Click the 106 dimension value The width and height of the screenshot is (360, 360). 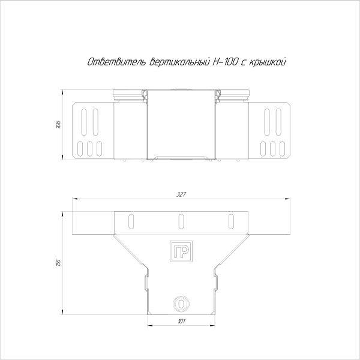tap(58, 125)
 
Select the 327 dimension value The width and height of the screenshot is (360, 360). tap(181, 194)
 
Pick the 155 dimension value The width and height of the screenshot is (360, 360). tap(58, 262)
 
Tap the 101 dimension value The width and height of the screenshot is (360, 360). tap(181, 322)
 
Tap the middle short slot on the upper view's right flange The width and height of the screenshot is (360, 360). tap(272, 148)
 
